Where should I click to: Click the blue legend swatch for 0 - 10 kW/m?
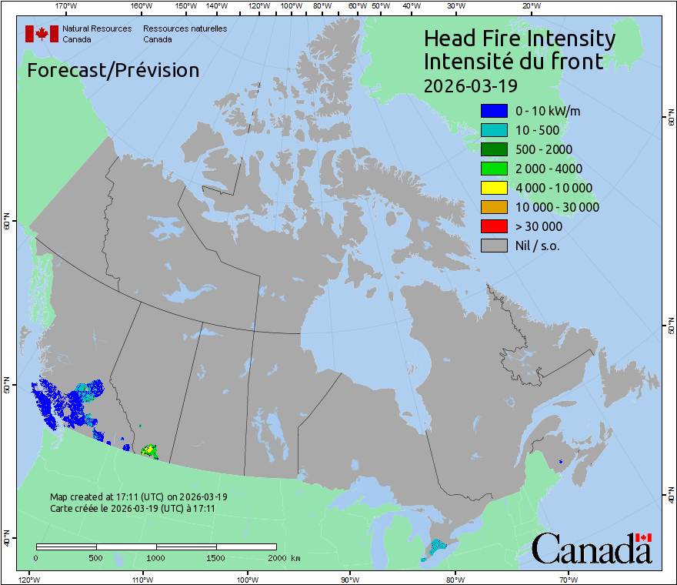pos(494,111)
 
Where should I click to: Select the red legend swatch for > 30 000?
pos(494,226)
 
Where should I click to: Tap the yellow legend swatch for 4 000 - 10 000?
pos(494,188)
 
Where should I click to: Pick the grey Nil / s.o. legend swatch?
pos(494,246)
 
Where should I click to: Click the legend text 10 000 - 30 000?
pos(557,207)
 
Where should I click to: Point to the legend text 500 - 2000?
pos(544,149)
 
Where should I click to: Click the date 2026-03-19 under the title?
pos(470,84)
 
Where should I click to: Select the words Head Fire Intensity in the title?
pos(519,38)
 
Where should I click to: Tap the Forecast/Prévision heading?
pos(113,70)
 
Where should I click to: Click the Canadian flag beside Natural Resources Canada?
pos(42,34)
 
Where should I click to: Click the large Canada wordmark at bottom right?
pos(592,549)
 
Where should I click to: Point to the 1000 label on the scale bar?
pos(156,557)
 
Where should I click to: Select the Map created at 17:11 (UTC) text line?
pos(138,497)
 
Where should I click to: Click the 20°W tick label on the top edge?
pos(530,6)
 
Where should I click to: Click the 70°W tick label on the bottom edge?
pos(568,579)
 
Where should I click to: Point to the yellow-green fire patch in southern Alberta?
pos(149,450)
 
